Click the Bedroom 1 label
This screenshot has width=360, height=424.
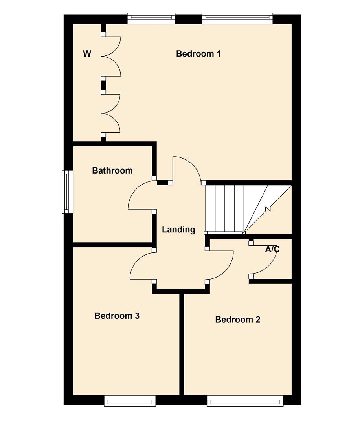pos(198,54)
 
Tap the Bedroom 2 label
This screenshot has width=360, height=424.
pos(237,320)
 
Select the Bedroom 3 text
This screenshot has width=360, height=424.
pos(117,316)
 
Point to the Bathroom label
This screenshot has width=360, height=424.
pos(112,170)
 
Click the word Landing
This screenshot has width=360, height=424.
pos(178,230)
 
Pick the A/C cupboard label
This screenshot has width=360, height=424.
pos(272,249)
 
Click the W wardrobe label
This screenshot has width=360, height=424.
pos(87,54)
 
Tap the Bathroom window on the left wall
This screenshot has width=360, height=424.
pos(68,192)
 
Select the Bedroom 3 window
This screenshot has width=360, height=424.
pos(130,400)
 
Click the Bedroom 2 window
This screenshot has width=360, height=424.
pos(245,400)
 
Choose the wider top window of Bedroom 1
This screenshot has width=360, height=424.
pos(237,18)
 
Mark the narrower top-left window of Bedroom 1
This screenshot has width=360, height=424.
pos(151,18)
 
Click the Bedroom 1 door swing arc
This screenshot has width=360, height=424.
pos(189,165)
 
